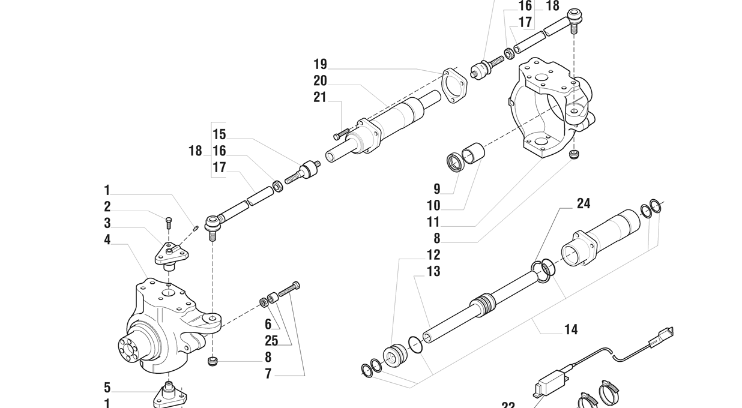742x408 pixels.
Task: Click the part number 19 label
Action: point(320,64)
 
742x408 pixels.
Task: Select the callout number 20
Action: point(320,81)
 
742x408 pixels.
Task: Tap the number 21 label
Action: point(320,97)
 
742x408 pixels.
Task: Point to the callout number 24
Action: point(584,204)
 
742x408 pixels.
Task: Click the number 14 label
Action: point(571,329)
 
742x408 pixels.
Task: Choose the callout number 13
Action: point(433,271)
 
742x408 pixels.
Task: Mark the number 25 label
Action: point(271,341)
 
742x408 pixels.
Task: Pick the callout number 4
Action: point(107,240)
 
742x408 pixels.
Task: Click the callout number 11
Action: point(433,222)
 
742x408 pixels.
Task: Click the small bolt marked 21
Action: point(340,134)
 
